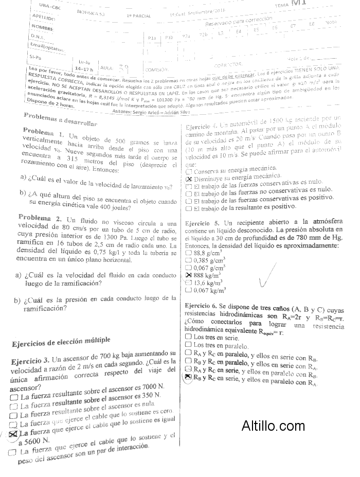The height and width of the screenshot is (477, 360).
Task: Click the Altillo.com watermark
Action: pyautogui.click(x=273, y=426)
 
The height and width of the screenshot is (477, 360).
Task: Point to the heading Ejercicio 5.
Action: pyautogui.click(x=202, y=223)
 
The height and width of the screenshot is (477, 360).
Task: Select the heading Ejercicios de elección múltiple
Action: pyautogui.click(x=60, y=341)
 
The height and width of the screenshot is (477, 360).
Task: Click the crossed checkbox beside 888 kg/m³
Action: pyautogui.click(x=188, y=275)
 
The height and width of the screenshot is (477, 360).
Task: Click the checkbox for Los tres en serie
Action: pyautogui.click(x=188, y=337)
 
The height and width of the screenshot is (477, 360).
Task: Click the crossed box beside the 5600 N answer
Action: pyautogui.click(x=13, y=434)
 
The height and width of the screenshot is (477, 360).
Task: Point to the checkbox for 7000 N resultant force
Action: pyautogui.click(x=12, y=398)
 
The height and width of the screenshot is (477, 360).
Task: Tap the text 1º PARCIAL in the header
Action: pyautogui.click(x=138, y=15)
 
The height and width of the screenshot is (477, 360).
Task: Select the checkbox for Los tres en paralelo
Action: pyautogui.click(x=188, y=345)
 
